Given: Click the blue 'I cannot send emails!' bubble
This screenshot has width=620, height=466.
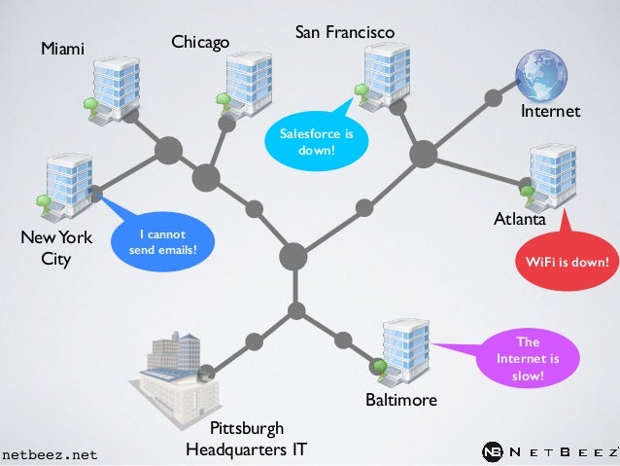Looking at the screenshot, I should tap(161, 243).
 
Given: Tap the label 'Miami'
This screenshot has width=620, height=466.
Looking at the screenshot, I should tap(62, 49).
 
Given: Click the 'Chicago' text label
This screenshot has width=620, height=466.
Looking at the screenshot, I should tap(200, 42).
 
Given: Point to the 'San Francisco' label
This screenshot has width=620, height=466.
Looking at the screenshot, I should tap(345, 33).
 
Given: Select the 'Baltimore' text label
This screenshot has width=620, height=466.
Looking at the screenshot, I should tap(400, 400).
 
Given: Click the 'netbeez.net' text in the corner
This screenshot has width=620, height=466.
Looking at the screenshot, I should tap(50, 454).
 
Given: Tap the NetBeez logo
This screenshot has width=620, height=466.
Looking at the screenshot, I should tap(549, 452).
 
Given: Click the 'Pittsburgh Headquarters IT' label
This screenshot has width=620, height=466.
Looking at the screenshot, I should tap(247, 439).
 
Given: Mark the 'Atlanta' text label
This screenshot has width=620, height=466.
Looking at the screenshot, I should tap(520, 221).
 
